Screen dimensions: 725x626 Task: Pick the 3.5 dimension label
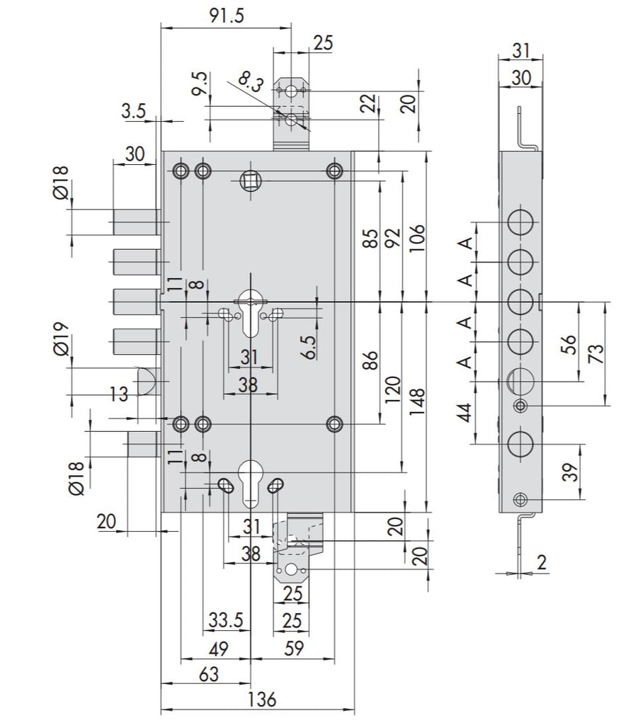point(133,110)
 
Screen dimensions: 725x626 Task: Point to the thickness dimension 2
point(542,563)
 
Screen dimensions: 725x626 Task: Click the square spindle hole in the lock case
point(251,183)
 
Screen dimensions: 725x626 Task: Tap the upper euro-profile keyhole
point(250,312)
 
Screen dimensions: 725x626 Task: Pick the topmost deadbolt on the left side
point(135,223)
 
